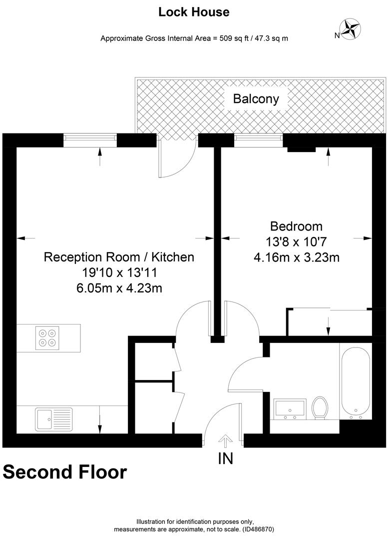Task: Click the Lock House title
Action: pyautogui.click(x=194, y=12)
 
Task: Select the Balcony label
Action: pyautogui.click(x=256, y=99)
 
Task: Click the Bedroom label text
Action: pyautogui.click(x=296, y=226)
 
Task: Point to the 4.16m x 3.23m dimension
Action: pyautogui.click(x=297, y=257)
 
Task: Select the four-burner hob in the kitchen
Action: pyautogui.click(x=47, y=338)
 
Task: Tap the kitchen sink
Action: pyautogui.click(x=53, y=419)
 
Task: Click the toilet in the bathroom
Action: pyautogui.click(x=320, y=407)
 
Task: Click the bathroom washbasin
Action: pyautogui.click(x=290, y=409)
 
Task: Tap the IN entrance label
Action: pyautogui.click(x=226, y=458)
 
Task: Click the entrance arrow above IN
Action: pyautogui.click(x=226, y=440)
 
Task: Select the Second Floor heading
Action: pyautogui.click(x=65, y=472)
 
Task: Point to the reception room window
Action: pyautogui.click(x=90, y=138)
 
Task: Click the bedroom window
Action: pyautogui.click(x=258, y=138)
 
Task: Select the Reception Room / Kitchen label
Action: pyautogui.click(x=119, y=257)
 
